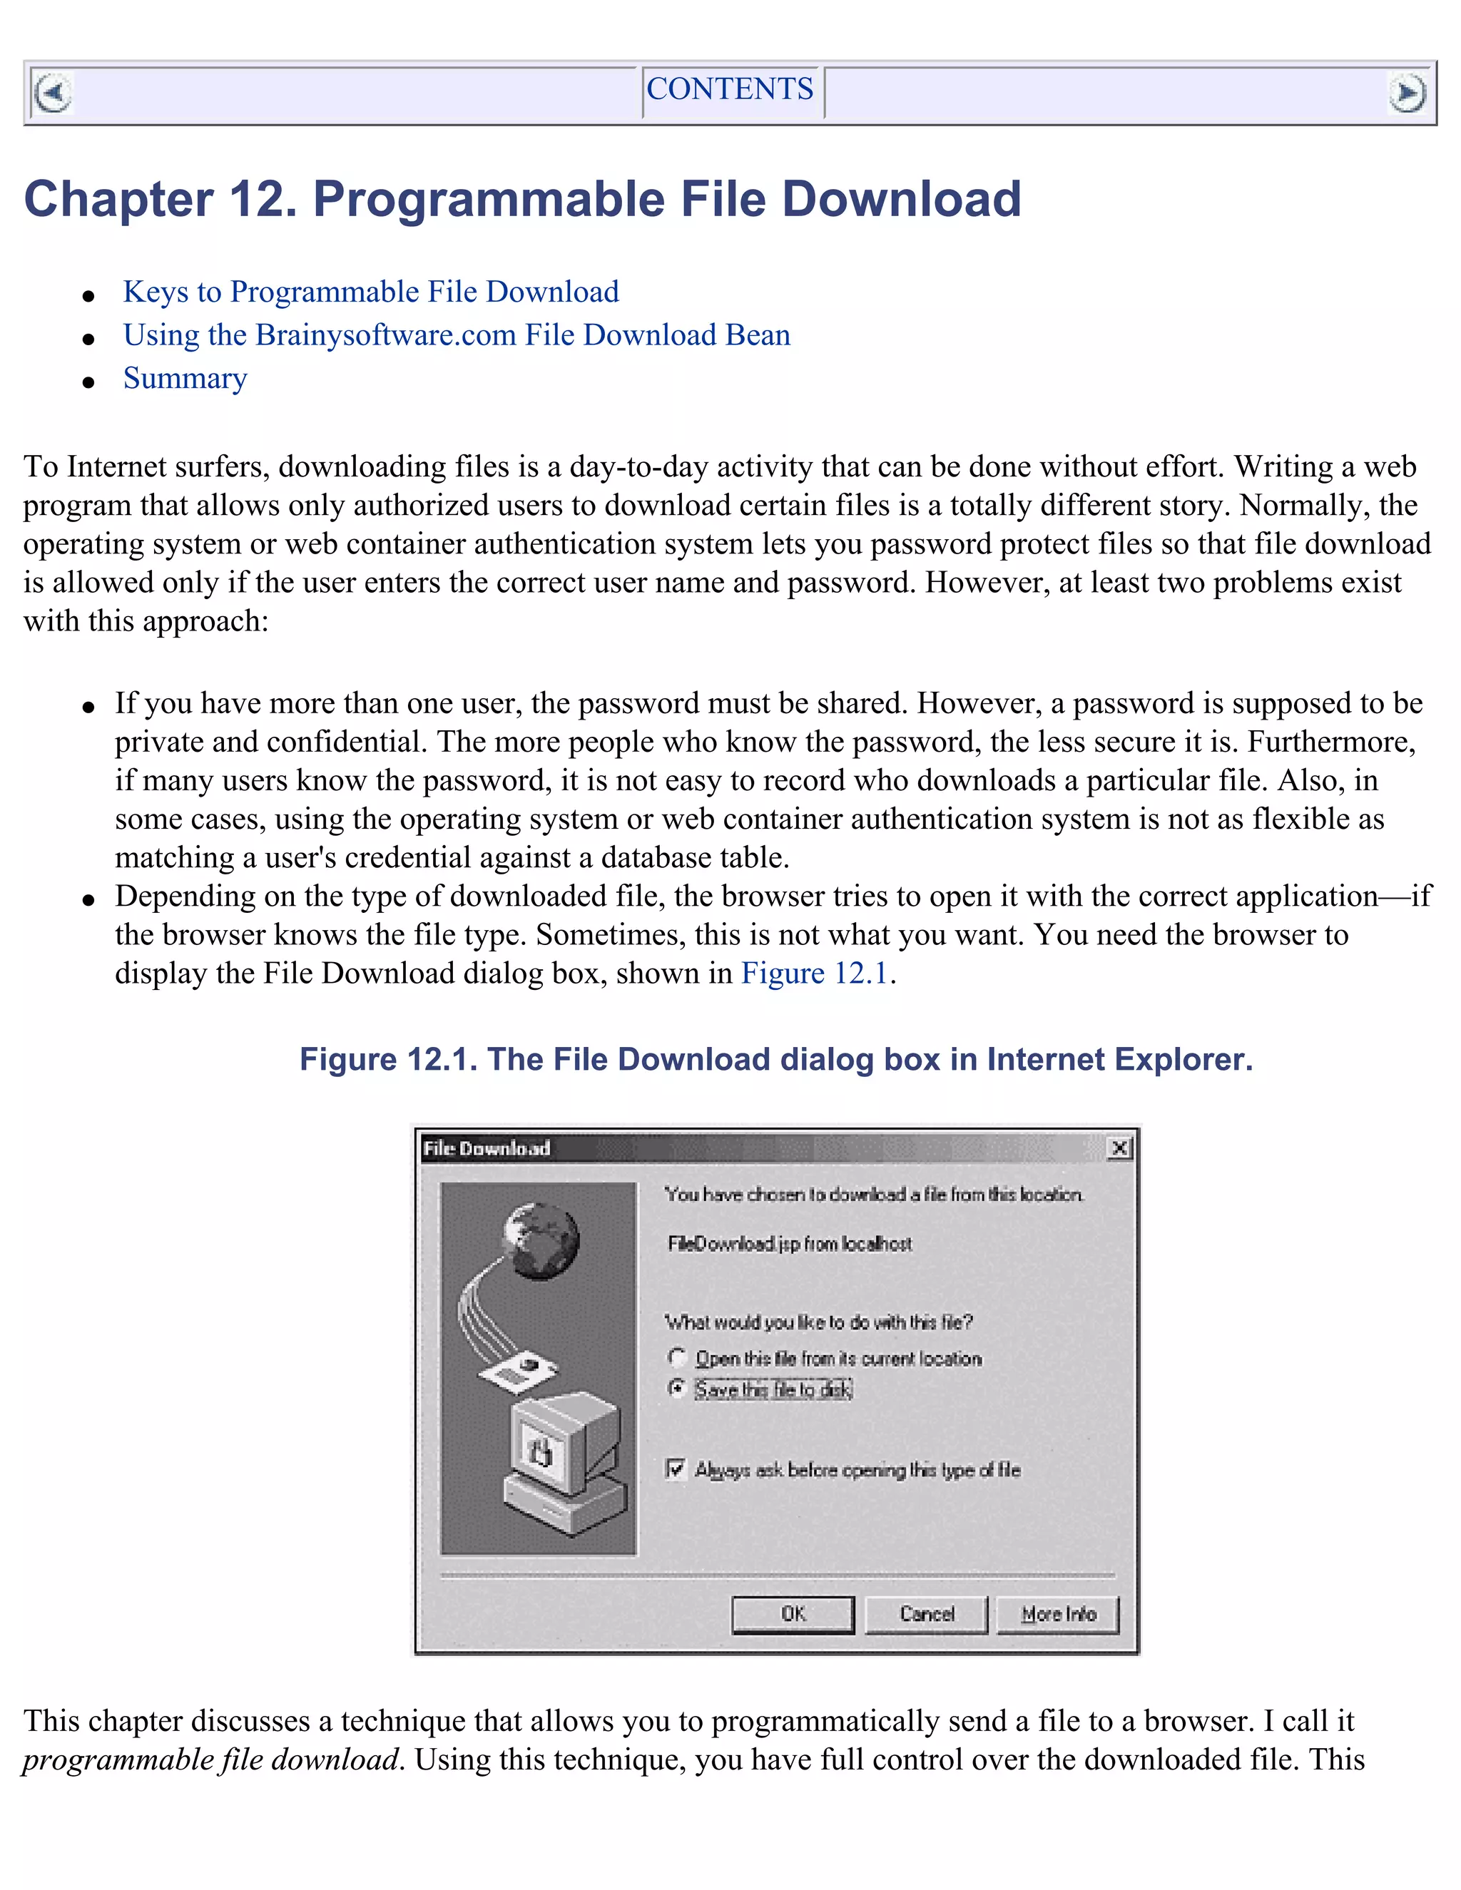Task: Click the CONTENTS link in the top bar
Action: (730, 89)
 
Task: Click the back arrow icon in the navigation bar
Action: (53, 93)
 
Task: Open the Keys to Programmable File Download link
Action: (370, 292)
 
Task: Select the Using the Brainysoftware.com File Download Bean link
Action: (456, 335)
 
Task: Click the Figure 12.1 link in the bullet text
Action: (815, 974)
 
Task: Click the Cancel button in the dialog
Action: (926, 1614)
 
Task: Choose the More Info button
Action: (1058, 1614)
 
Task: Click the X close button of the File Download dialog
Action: (1119, 1148)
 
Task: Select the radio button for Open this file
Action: (677, 1357)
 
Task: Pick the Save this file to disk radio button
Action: (677, 1388)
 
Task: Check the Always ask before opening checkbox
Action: (675, 1468)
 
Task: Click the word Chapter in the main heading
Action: (118, 199)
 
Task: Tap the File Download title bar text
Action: (487, 1148)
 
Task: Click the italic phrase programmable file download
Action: (210, 1759)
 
